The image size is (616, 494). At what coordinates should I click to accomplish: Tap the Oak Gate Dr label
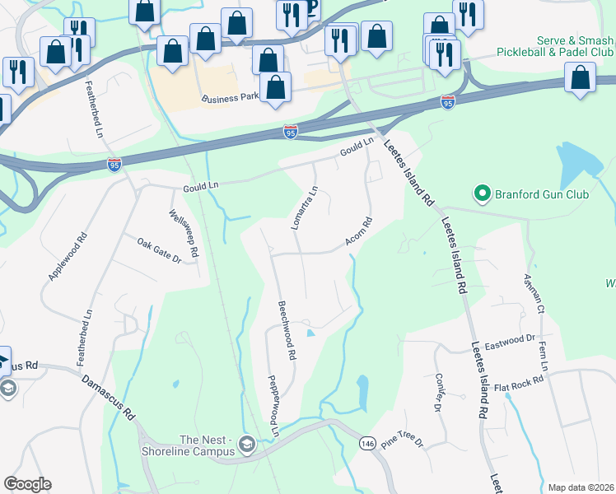coord(159,251)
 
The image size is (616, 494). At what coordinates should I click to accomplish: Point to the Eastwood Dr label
coord(509,338)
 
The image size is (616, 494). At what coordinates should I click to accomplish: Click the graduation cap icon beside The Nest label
coord(245,445)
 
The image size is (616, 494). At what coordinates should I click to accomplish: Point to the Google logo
coord(27,484)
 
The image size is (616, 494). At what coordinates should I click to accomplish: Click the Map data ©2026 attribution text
coord(581,487)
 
